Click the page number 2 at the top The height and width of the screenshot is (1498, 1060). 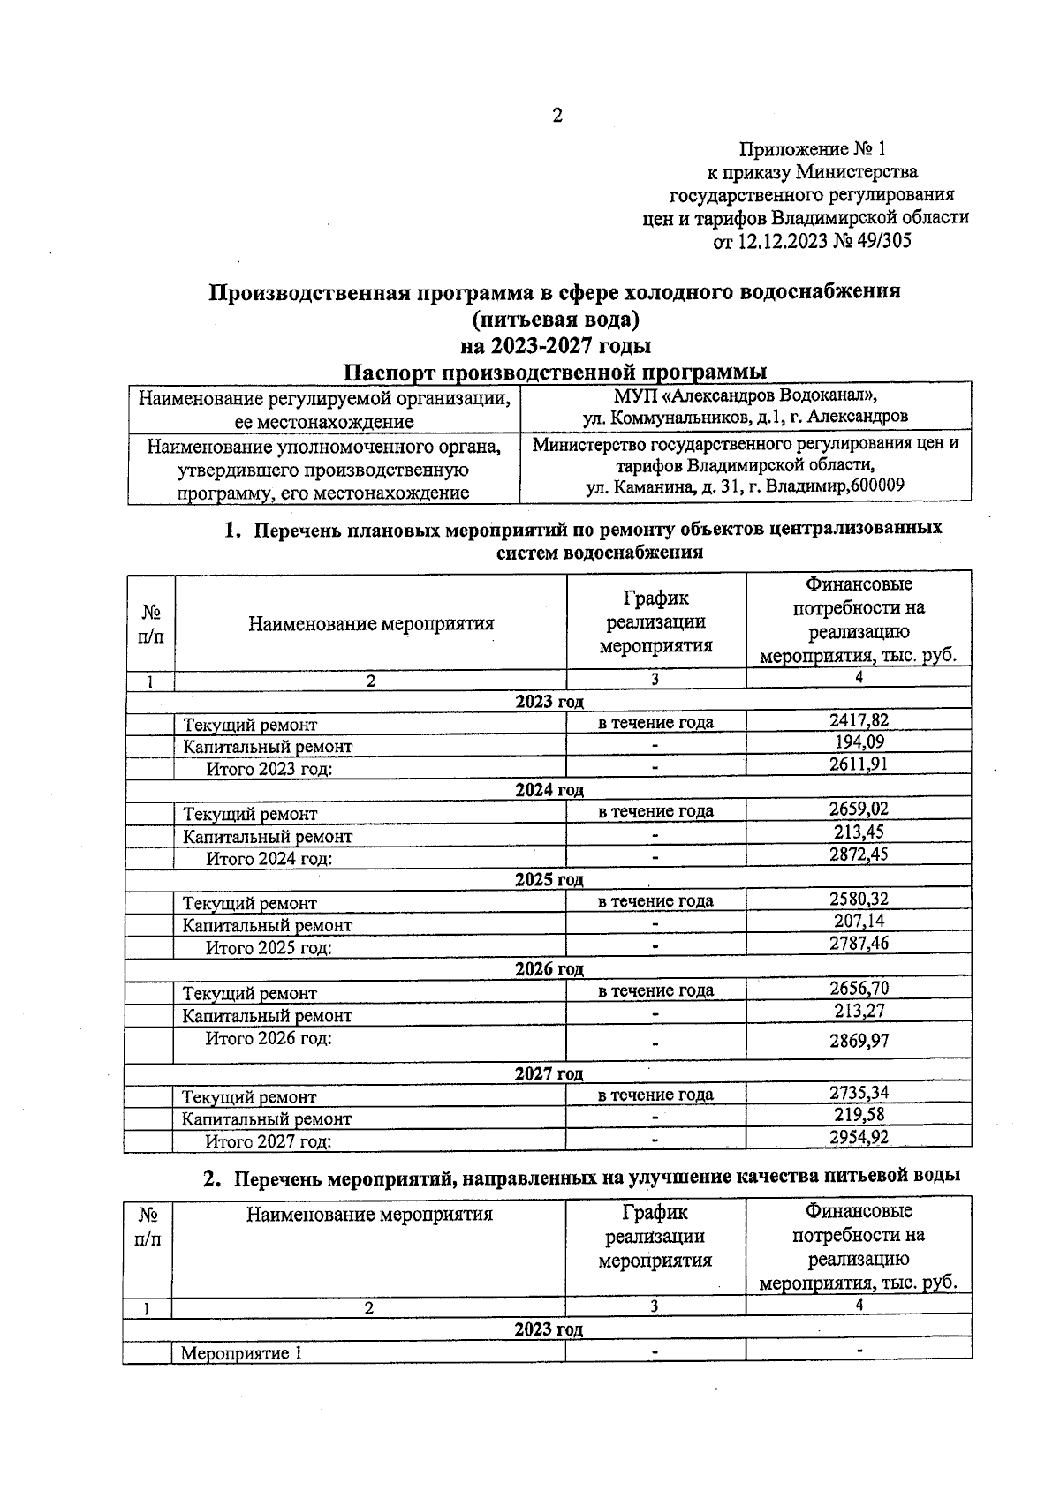click(x=556, y=116)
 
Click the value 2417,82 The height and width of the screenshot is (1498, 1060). click(x=859, y=719)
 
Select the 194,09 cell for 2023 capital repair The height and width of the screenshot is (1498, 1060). click(x=859, y=741)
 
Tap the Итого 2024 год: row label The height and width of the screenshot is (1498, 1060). click(x=269, y=858)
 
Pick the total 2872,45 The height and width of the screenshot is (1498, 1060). click(x=859, y=854)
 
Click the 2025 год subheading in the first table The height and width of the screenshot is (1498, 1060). click(x=549, y=880)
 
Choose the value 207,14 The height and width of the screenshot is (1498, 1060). click(x=859, y=921)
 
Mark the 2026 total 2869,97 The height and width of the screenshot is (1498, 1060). click(x=859, y=1041)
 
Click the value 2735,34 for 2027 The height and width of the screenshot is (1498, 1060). click(x=859, y=1092)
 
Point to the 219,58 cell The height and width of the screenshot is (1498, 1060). click(x=859, y=1114)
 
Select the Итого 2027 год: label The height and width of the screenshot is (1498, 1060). click(x=269, y=1141)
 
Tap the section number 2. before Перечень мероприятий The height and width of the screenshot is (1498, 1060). click(x=211, y=1178)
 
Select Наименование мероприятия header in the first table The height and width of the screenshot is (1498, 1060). click(x=371, y=624)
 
